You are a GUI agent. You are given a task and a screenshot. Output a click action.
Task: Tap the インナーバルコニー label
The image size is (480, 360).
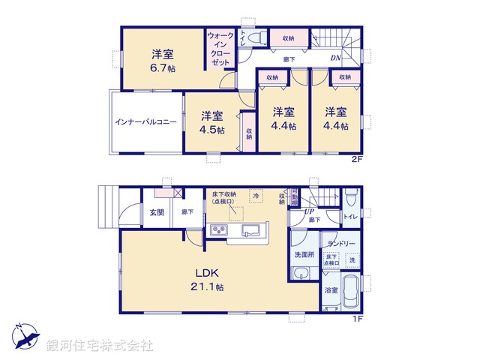click(145, 121)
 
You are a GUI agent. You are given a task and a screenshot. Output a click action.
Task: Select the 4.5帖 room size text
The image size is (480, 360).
click(211, 128)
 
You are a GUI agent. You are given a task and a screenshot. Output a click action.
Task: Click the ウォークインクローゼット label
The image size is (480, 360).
click(220, 49)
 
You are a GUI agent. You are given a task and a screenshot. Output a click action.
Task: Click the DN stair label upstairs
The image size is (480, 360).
click(337, 58)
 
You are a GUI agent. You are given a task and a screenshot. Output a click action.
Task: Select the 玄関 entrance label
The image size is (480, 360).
click(156, 212)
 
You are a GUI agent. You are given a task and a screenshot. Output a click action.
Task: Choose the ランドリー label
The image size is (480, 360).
click(340, 244)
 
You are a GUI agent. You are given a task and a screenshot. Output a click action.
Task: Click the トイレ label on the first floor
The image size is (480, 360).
click(349, 217)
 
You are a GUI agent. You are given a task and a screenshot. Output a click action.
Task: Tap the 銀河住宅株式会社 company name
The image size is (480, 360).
click(99, 346)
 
